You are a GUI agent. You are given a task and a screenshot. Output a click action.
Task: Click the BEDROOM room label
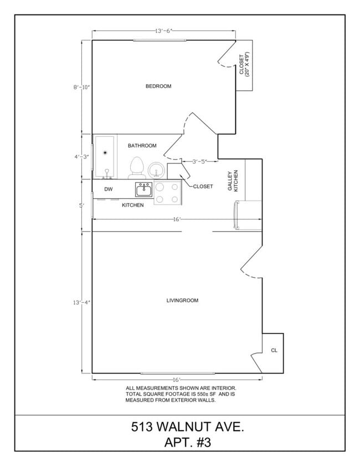(x=158, y=86)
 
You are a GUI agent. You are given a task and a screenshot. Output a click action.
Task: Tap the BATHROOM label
(x=142, y=146)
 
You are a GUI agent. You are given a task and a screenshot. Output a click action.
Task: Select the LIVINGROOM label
(x=182, y=301)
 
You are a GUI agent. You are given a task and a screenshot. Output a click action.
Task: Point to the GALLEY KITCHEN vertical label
(x=233, y=181)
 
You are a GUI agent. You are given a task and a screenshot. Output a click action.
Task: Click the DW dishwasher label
(x=109, y=190)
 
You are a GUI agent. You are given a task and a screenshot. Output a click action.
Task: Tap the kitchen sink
(x=144, y=190)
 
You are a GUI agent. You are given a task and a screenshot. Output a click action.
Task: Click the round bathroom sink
(x=156, y=169)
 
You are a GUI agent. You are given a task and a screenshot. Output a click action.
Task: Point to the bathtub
(x=104, y=157)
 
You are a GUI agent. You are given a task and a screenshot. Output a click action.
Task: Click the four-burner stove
(x=167, y=193)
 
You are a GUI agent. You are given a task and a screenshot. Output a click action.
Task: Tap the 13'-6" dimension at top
(x=164, y=31)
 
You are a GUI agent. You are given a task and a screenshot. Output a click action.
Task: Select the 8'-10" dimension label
(x=82, y=87)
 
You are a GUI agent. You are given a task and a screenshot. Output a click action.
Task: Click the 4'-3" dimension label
(x=82, y=157)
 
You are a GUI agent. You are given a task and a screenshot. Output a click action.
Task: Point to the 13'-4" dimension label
(x=82, y=303)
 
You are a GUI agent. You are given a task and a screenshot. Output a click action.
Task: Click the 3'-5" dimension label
(x=200, y=162)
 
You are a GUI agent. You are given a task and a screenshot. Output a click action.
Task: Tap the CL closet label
(x=274, y=351)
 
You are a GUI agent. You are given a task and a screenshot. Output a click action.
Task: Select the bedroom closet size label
(x=244, y=64)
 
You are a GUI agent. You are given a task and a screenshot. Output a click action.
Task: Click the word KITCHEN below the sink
(x=133, y=205)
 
